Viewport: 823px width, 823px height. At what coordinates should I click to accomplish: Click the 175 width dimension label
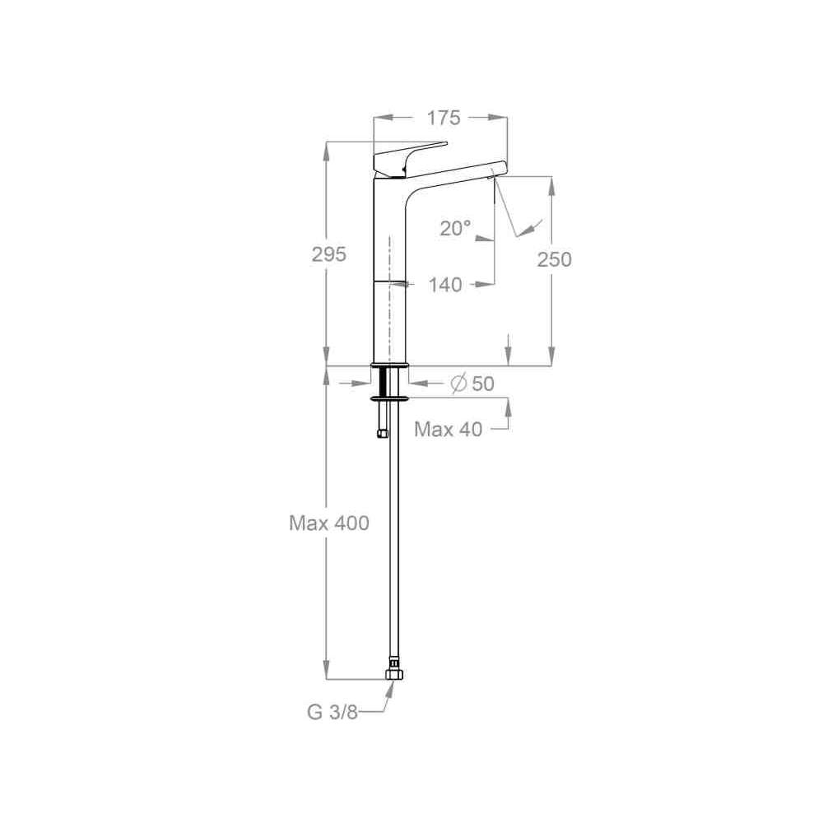pos(443,118)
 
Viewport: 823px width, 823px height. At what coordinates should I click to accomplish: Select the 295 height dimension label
pos(329,254)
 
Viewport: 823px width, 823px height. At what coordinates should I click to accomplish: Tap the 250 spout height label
pos(554,259)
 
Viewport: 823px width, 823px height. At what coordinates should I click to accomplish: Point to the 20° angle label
pos(455,228)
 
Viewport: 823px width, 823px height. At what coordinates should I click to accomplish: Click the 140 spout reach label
pos(445,285)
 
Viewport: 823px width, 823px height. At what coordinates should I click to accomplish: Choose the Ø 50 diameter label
pos(472,384)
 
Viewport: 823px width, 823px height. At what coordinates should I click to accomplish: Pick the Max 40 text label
pos(449,430)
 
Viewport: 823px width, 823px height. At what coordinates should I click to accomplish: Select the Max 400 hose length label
pos(329,523)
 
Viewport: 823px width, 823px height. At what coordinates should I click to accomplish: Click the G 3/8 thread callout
pos(332,712)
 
